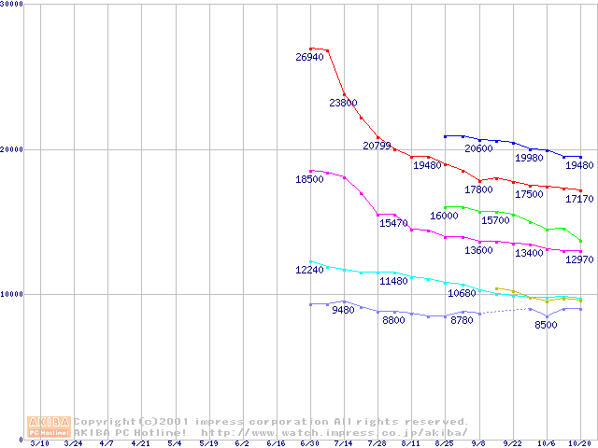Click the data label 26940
point(309,58)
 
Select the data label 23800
point(343,104)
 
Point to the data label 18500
point(309,179)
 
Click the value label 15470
point(393,224)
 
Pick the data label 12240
point(309,271)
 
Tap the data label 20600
point(478,149)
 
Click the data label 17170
point(579,199)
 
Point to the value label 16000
point(445,217)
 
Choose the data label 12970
point(579,259)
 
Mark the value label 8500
point(546,326)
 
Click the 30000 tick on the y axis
point(12,5)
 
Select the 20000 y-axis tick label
point(12,149)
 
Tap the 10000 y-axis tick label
point(12,294)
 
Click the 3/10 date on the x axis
point(38,444)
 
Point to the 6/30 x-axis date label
point(309,444)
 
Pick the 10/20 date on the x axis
point(579,444)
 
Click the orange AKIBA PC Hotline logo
point(49,427)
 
